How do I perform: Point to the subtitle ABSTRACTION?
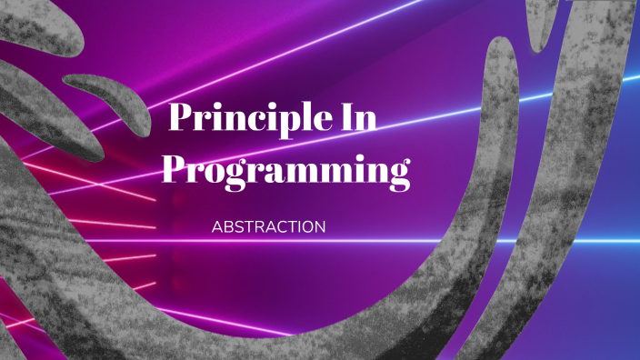tap(268, 227)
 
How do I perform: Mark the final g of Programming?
tap(396, 175)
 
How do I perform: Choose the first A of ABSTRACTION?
tap(216, 227)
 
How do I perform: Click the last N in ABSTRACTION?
tap(319, 227)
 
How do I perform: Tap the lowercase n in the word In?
tap(366, 123)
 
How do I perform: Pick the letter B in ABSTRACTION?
tap(228, 227)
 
